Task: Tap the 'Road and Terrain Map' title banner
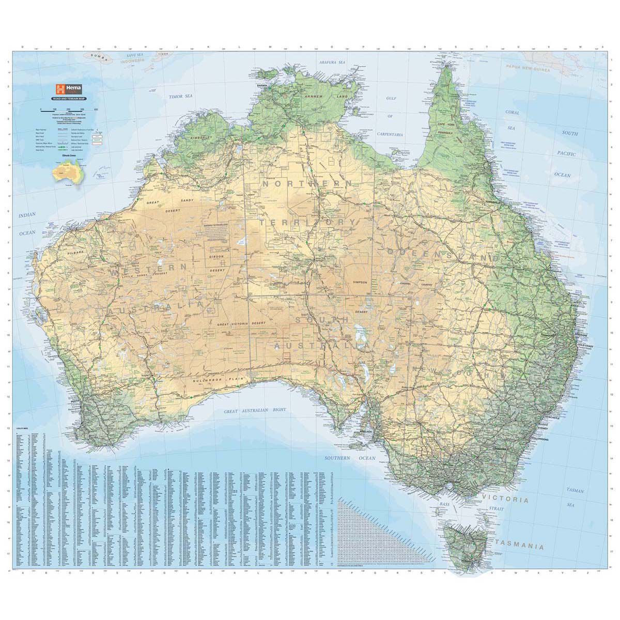69,98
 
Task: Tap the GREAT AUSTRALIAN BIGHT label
255,410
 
